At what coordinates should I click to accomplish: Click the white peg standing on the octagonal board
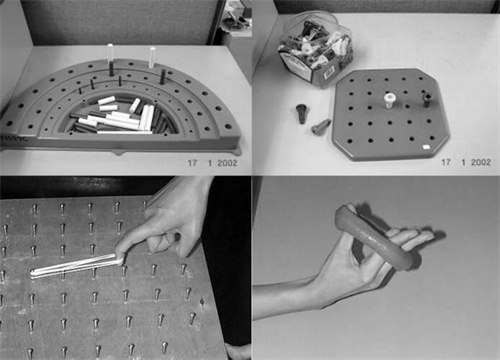[x=389, y=101]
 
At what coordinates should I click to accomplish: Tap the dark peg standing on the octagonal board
[x=427, y=100]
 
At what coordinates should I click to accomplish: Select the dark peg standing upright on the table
[x=301, y=113]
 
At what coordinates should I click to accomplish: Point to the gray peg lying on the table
[x=321, y=126]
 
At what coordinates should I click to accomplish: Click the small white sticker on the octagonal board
[x=425, y=147]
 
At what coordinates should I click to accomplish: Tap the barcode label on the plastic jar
[x=329, y=71]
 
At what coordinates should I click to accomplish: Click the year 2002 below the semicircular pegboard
[x=227, y=163]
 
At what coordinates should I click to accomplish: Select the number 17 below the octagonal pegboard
[x=446, y=162]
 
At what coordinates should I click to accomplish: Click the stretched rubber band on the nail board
[x=76, y=266]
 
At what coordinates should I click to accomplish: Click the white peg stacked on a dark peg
[x=110, y=53]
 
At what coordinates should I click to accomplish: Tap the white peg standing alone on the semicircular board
[x=152, y=57]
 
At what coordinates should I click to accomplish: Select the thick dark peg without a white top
[x=163, y=77]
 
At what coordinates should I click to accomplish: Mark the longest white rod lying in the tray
[x=124, y=132]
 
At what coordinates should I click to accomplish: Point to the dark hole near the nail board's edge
[x=201, y=302]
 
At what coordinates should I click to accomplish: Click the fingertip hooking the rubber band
[x=120, y=254]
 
